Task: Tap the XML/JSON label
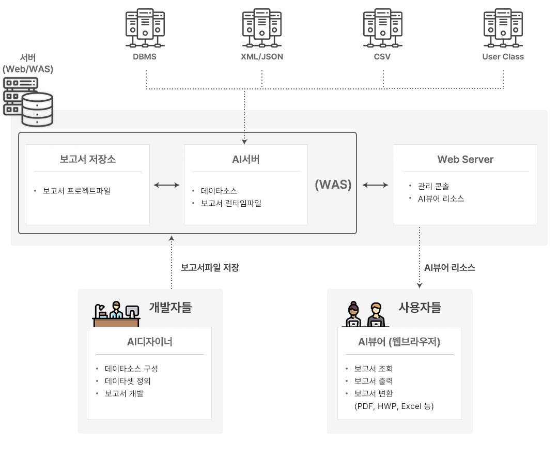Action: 262,57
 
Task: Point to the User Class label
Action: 503,57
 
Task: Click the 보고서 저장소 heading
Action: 88,159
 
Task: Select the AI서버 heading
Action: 246,159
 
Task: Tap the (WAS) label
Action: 333,185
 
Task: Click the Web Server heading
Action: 466,159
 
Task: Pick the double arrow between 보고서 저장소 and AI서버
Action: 166,185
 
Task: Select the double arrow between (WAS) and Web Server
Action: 375,185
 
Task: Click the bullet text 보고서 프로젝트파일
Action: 76,191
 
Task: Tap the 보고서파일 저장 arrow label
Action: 210,268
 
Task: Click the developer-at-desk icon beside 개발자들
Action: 117,313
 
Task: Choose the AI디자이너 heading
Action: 150,342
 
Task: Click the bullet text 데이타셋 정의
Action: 128,381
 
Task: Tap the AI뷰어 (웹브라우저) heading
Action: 399,342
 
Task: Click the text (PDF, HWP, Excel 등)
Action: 394,406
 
